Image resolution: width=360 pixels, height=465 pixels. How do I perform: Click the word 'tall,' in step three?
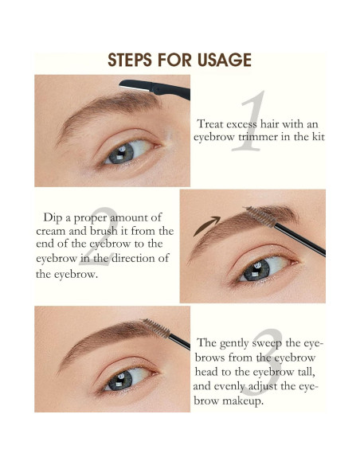pyautogui.click(x=309, y=372)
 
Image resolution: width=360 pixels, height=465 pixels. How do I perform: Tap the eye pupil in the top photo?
pyautogui.click(x=121, y=151)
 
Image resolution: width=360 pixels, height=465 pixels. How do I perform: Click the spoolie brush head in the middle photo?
pyautogui.click(x=257, y=213)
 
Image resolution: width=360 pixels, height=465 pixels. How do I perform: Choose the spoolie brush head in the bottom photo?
pyautogui.click(x=153, y=326)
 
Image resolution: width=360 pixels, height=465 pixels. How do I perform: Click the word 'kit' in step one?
pyautogui.click(x=316, y=137)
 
